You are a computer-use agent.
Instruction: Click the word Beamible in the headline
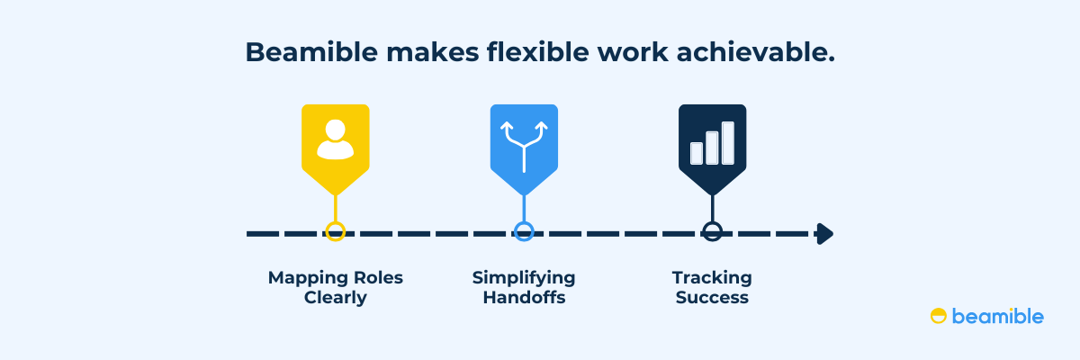311,51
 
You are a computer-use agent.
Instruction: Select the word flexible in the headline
538,51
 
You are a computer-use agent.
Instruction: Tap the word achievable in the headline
755,51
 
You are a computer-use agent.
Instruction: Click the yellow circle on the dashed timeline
336,221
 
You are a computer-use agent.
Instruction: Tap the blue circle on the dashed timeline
524,221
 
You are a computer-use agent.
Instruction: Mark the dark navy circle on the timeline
713,221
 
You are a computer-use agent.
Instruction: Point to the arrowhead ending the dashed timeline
825,234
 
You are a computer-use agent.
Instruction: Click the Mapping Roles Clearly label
336,287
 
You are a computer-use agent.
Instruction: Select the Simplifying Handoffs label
524,287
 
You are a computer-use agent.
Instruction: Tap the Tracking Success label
712,287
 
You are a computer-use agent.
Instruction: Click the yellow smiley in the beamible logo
938,316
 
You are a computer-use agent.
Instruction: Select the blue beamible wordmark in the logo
998,316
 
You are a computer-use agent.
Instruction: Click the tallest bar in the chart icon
728,143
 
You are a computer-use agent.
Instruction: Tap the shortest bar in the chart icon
697,153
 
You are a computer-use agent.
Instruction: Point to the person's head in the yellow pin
335,130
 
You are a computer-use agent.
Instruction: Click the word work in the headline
633,51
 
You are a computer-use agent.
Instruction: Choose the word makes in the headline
433,51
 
